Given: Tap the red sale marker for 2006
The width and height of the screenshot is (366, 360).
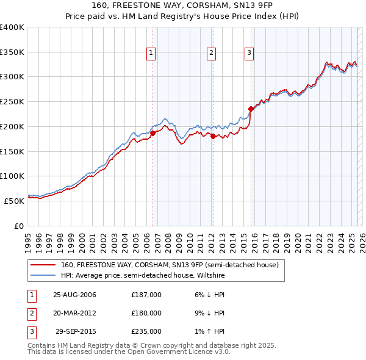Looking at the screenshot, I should (153, 132).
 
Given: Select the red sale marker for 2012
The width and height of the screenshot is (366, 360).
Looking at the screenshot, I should (213, 136).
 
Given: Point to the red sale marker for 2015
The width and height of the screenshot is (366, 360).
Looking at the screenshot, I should (251, 109).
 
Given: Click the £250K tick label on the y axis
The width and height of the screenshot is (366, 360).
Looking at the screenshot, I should (12, 102).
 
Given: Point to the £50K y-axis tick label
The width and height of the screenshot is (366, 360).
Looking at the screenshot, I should (14, 201).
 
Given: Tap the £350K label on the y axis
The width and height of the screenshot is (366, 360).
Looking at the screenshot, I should (12, 52).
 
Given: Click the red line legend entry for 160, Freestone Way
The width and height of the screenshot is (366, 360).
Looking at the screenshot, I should (170, 265).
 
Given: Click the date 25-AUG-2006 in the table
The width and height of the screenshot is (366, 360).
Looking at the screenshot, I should (75, 295).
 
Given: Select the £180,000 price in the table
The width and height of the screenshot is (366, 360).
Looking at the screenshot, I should (146, 313).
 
